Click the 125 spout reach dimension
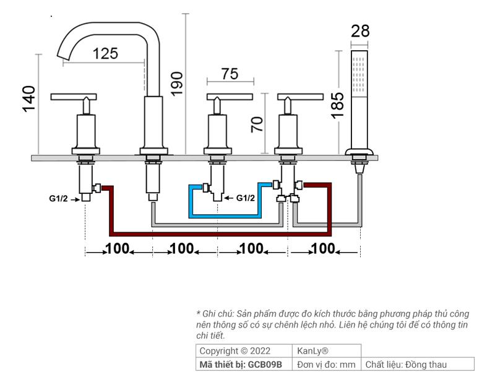[105, 53]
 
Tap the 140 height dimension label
[28, 99]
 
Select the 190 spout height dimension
[176, 84]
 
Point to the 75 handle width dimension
[230, 74]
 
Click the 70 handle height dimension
[257, 124]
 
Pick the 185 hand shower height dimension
[337, 105]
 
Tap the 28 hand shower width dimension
[360, 31]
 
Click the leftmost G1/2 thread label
[58, 199]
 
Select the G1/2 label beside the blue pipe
[245, 198]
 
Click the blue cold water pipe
[225, 216]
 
